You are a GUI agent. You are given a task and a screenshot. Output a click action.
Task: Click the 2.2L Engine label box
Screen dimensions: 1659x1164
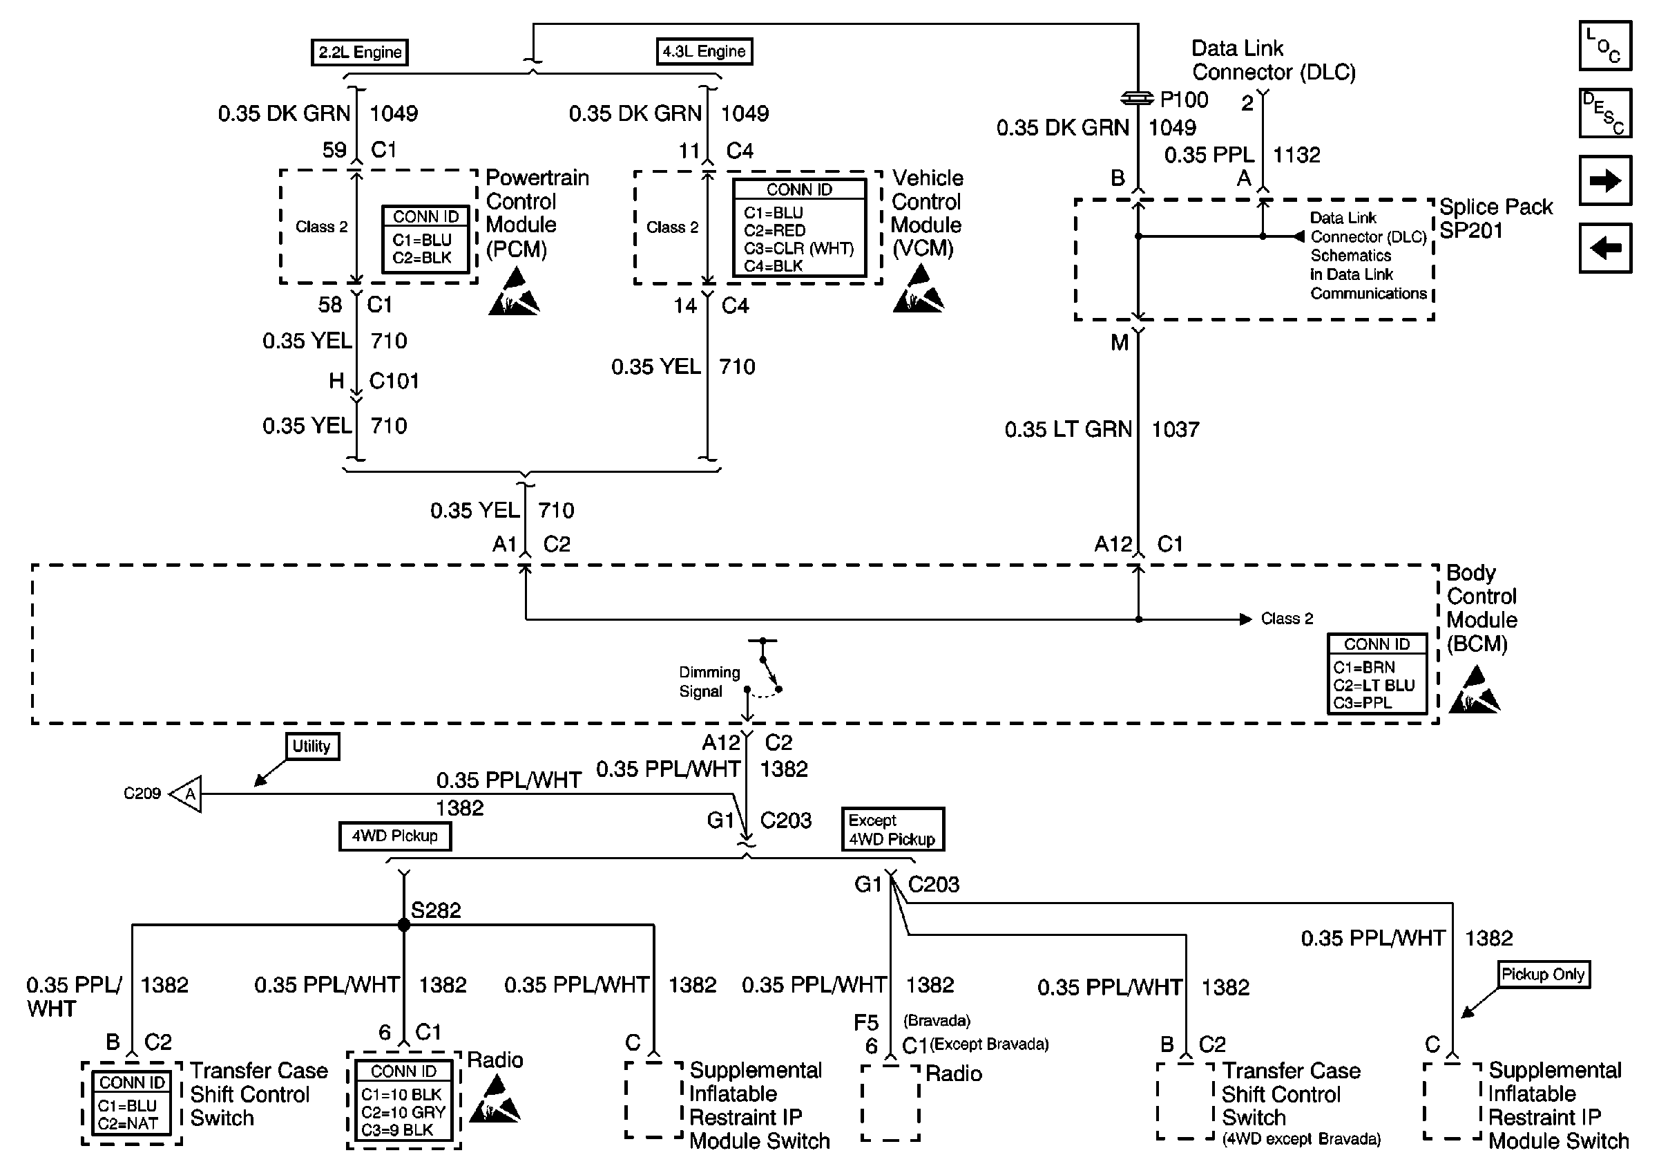tap(360, 52)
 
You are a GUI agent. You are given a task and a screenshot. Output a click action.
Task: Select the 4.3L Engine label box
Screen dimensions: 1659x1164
tap(704, 51)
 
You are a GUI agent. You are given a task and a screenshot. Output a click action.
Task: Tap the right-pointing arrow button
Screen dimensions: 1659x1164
tap(1606, 180)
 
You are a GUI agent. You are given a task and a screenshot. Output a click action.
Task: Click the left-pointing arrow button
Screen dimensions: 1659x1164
tap(1606, 248)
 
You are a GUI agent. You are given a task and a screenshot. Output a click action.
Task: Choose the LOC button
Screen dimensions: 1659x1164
tap(1606, 46)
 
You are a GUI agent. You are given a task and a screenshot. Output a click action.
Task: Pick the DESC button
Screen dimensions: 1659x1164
tap(1606, 113)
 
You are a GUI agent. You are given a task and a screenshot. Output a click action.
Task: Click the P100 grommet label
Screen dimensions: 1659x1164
tap(1185, 100)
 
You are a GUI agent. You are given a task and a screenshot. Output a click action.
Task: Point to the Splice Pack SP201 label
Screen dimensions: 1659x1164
tap(1496, 218)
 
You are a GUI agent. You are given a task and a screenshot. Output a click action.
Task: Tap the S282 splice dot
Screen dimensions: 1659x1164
tap(404, 925)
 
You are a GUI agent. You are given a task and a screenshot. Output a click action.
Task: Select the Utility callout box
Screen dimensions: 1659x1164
tap(311, 746)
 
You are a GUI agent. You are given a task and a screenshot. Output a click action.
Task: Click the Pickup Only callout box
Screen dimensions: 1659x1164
tap(1543, 975)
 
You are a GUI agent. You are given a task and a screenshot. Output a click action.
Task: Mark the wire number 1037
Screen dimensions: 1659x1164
tap(1176, 429)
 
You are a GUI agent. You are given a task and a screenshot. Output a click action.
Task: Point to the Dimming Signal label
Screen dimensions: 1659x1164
tap(709, 682)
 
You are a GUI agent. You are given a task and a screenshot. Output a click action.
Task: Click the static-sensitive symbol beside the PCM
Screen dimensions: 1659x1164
tap(514, 292)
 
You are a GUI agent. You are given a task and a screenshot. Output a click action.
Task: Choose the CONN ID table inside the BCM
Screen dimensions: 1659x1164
tap(1377, 674)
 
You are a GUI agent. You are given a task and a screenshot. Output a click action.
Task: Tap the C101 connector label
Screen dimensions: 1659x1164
tap(394, 381)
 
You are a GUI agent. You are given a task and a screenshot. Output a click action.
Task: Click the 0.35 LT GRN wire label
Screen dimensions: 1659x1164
tap(1068, 429)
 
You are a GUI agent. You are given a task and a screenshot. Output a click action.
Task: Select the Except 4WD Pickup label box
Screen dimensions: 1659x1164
tap(892, 829)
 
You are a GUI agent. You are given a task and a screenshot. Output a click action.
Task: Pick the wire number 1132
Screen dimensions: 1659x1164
tap(1296, 155)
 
